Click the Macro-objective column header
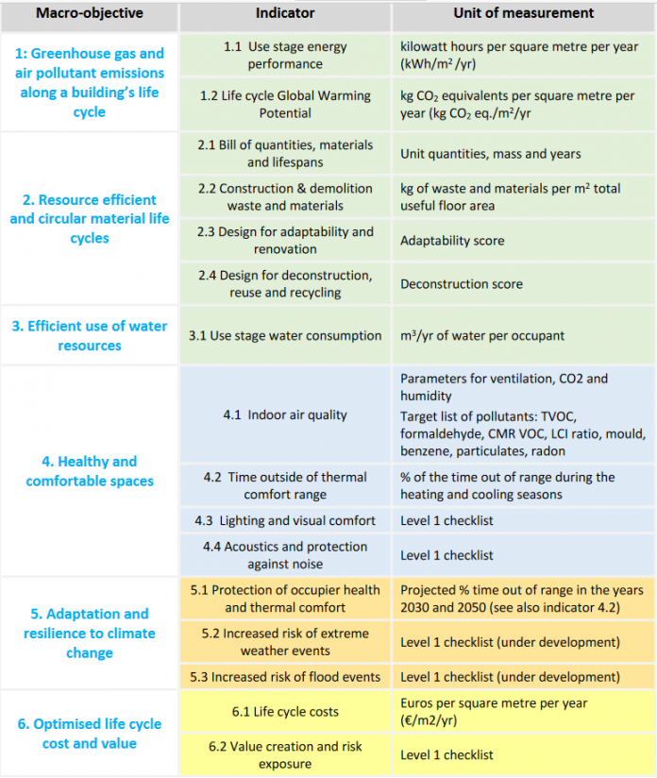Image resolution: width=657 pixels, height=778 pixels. (x=90, y=13)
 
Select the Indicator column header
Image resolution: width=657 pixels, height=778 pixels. (x=285, y=13)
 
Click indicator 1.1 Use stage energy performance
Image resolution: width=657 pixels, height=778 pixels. (x=285, y=56)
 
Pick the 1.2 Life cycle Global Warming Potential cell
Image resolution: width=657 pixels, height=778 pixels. (x=285, y=104)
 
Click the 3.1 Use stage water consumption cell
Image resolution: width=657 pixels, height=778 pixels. (x=285, y=335)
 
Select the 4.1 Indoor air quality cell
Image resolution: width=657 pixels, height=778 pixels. (x=285, y=414)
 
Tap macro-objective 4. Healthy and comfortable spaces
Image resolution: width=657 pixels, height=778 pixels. (x=90, y=471)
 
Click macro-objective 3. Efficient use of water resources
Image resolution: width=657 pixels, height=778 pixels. (x=90, y=335)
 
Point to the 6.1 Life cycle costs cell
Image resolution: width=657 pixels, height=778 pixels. (x=285, y=712)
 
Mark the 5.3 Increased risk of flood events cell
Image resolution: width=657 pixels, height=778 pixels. (x=285, y=676)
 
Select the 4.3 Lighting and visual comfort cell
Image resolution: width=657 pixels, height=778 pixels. (x=285, y=520)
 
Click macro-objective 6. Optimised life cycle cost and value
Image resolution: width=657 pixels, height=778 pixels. (x=90, y=734)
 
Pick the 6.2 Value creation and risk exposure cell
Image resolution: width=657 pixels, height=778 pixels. (x=285, y=754)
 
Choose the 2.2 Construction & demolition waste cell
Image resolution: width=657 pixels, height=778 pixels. (x=285, y=197)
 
